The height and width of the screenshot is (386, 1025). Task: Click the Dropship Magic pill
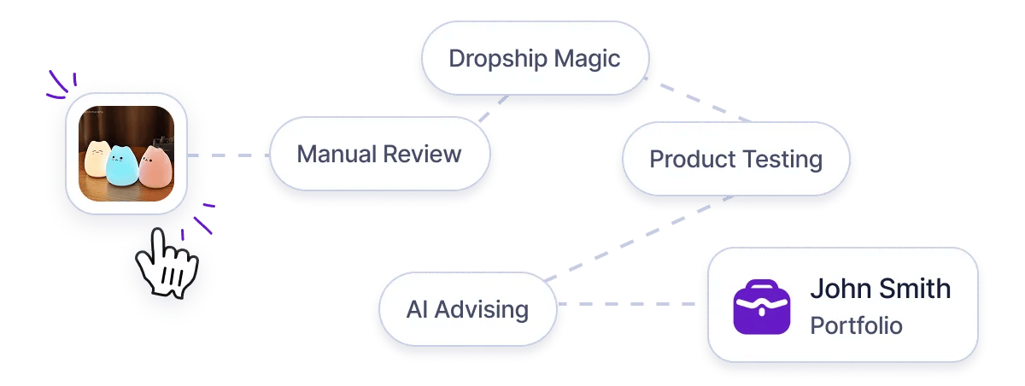coord(534,59)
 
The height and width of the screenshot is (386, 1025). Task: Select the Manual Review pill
coord(378,155)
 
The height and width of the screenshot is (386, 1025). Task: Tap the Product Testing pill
coord(735,160)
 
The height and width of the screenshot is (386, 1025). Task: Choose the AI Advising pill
coord(466,309)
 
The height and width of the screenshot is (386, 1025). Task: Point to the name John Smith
coord(880,289)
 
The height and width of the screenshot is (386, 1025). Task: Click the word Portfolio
coord(856,326)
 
